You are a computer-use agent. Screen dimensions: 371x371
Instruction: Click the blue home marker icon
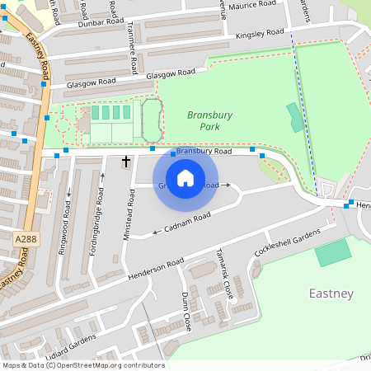tap(185, 177)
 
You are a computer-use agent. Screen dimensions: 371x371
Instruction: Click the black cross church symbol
tap(127, 162)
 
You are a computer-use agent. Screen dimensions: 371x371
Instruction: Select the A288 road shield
tap(25, 238)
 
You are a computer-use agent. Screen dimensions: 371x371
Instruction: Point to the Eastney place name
tap(331, 294)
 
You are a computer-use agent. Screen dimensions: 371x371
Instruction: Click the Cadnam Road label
tap(187, 220)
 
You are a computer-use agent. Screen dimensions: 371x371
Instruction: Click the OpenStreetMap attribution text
tap(83, 365)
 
